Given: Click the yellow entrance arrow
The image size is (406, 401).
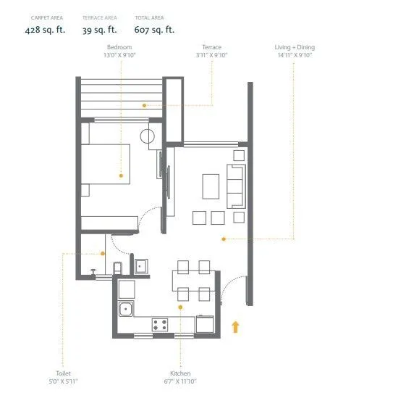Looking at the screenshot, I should (235, 326).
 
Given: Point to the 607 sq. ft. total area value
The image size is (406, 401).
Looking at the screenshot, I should (154, 30).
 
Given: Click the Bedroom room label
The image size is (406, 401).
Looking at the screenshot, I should (119, 47).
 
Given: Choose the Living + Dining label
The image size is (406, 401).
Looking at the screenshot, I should (295, 47).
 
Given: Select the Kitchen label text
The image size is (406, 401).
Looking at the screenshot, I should (180, 373).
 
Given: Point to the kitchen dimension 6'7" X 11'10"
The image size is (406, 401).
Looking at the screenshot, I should (180, 381).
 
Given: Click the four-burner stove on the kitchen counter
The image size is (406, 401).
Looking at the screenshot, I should (160, 323).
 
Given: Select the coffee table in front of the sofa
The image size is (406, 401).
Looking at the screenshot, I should (211, 186).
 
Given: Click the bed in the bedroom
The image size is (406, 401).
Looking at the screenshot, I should (105, 165).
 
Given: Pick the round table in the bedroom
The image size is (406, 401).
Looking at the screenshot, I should (148, 136).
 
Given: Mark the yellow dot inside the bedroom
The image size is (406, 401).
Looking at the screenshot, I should (120, 175).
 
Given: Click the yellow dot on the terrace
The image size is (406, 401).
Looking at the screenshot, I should (144, 105).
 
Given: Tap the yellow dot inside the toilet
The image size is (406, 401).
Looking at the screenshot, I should (103, 253).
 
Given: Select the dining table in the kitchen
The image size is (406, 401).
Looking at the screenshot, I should (193, 280).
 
